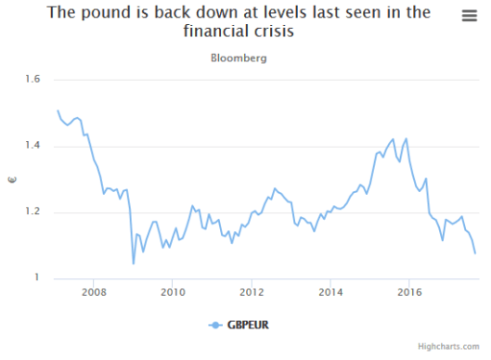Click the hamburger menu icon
(x=470, y=15)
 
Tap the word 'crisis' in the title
(x=269, y=32)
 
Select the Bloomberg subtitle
(x=246, y=58)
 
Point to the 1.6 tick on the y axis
(x=33, y=80)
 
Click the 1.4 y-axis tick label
(x=33, y=146)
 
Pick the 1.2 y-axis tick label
(x=33, y=212)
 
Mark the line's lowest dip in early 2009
(x=134, y=264)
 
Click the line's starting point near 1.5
(x=58, y=111)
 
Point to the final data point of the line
(x=475, y=252)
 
